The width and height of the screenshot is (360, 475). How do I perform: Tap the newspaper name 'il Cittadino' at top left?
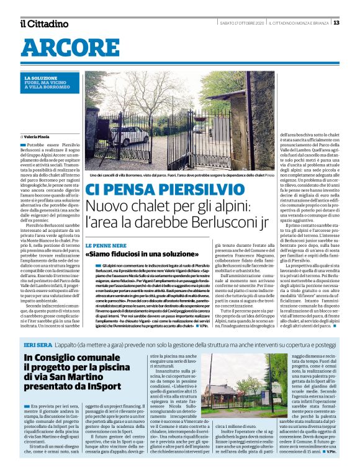tap(43, 24)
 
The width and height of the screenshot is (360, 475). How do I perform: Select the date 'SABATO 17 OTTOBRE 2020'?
tap(241, 24)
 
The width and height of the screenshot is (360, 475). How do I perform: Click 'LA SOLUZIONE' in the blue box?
tap(40, 78)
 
